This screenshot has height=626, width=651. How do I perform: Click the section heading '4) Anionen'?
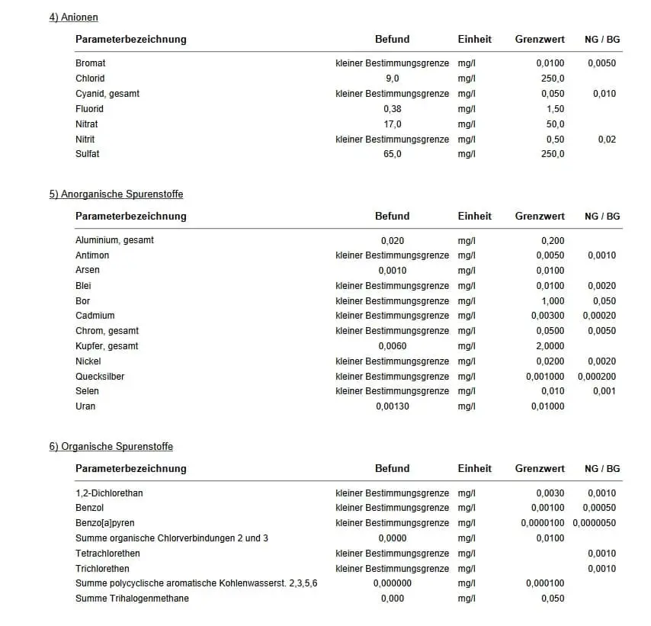pos(73,17)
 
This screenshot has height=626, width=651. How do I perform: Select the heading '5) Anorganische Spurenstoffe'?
pos(116,194)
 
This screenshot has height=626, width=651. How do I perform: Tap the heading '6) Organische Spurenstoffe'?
pos(111,446)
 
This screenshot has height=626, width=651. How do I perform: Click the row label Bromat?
pos(91,63)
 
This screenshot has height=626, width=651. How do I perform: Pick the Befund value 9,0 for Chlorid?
pos(393,79)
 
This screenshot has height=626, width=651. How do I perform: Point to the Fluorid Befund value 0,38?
pos(393,109)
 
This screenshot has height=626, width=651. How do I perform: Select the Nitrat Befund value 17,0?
pos(393,124)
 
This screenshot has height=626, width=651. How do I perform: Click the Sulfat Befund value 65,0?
pos(393,154)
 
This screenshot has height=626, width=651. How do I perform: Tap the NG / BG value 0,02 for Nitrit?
pos(607,140)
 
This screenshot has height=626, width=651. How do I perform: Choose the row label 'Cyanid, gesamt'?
pos(107,94)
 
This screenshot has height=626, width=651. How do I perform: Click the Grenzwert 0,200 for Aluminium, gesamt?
pos(553,240)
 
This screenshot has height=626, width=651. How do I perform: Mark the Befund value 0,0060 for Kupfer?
pos(393,346)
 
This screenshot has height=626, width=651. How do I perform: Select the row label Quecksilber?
pos(100,377)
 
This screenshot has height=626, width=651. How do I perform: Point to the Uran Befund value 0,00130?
pos(393,406)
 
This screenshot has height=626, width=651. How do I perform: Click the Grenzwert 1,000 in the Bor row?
pos(553,301)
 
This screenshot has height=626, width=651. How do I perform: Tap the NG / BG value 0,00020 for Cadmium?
pos(599,316)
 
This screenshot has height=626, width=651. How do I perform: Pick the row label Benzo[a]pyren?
pos(105,523)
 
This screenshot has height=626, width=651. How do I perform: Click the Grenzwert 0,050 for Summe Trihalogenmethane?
pos(553,599)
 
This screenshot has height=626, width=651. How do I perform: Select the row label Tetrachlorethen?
pos(107,554)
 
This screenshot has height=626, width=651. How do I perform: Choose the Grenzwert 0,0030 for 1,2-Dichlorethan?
pos(550,493)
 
